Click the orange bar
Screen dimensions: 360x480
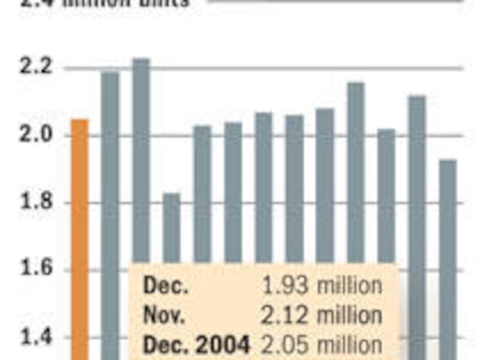[x=80, y=240]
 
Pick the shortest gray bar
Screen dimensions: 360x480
[x=172, y=228]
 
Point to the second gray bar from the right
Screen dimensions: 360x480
[x=417, y=180]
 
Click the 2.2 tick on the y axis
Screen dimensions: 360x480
[x=34, y=68]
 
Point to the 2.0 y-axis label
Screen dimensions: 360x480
[x=34, y=135]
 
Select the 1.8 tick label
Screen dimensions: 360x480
[x=34, y=202]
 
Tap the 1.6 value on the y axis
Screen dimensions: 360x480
[x=34, y=269]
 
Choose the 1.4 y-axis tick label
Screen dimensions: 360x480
[x=34, y=337]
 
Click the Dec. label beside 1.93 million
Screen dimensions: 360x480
[x=166, y=286]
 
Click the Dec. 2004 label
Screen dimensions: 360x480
[x=196, y=345]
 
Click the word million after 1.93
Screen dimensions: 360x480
[x=349, y=286]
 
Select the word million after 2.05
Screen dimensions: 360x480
[x=349, y=345]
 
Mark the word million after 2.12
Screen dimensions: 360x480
[x=349, y=316]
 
